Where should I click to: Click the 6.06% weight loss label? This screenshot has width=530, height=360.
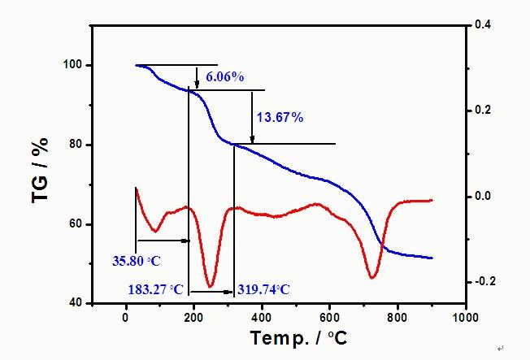(x=225, y=77)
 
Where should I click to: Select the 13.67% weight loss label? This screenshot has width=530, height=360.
(x=280, y=118)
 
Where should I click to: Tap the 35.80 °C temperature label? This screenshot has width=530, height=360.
(x=137, y=262)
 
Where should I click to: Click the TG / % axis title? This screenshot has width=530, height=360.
(x=42, y=170)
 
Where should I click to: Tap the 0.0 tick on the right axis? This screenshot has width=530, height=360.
(x=483, y=196)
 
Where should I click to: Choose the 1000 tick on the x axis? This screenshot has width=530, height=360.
(x=465, y=317)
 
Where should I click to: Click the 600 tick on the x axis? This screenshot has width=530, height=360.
(x=329, y=317)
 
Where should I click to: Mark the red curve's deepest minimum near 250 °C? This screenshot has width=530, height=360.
(x=211, y=286)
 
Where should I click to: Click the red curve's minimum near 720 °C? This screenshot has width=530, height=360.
(x=372, y=278)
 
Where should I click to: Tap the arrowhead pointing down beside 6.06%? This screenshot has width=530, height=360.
(x=197, y=84)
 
